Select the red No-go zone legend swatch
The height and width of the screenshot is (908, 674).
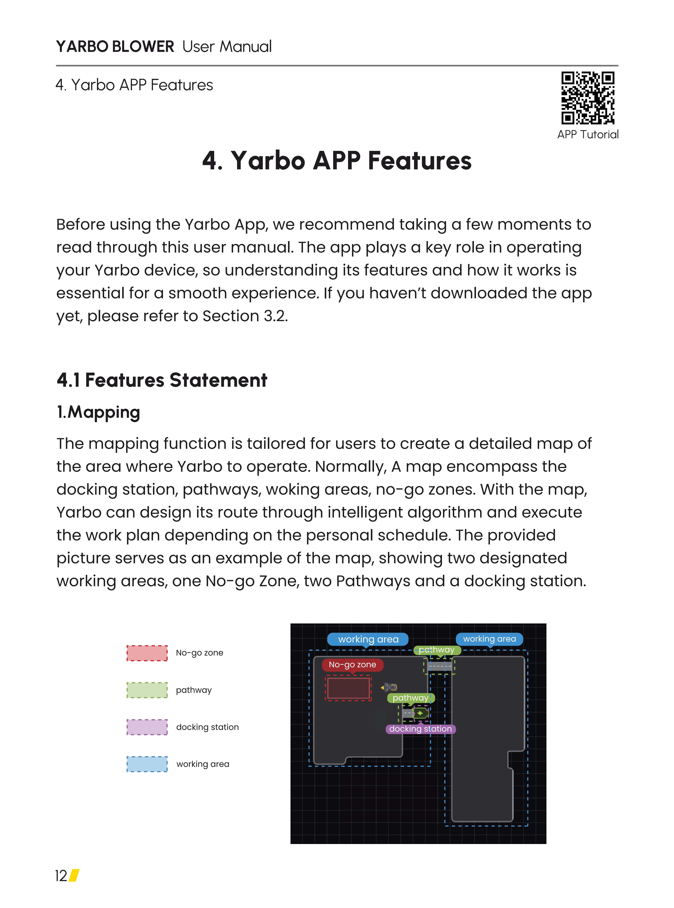coord(147,653)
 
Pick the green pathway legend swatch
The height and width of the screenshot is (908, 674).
coord(147,690)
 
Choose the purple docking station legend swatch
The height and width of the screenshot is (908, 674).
coord(147,727)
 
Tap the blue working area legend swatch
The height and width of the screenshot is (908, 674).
coord(147,764)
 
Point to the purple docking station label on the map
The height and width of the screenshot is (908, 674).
coord(420,729)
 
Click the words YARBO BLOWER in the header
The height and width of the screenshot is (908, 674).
coord(115,47)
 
